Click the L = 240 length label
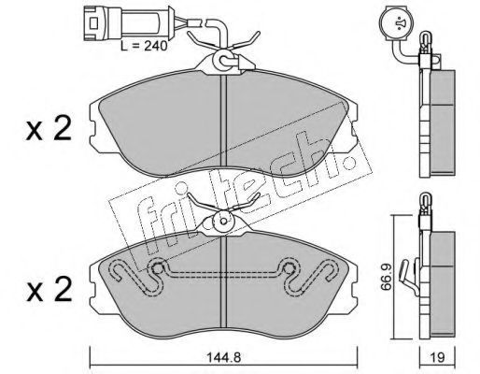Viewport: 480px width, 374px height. coord(144,46)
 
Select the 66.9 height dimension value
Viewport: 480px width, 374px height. coord(387,277)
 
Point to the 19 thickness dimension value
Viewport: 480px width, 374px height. coord(437,357)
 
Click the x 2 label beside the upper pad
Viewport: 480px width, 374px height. coord(49,128)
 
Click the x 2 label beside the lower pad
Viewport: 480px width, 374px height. coord(49,289)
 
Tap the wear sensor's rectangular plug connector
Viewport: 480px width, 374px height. coord(102,23)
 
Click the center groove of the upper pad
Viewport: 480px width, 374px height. coord(224,122)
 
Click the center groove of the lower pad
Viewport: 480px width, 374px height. coord(224,282)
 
